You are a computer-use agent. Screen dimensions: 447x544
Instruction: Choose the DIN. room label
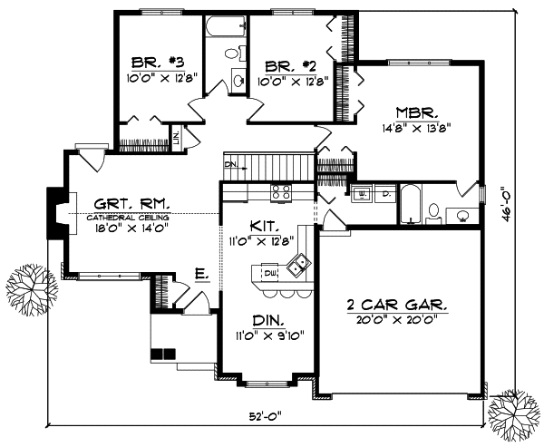tap(267, 321)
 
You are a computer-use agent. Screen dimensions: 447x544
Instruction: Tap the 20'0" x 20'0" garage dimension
tap(400, 319)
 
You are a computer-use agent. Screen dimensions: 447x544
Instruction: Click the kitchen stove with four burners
tap(280, 192)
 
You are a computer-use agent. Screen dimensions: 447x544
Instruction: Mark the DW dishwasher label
tap(269, 270)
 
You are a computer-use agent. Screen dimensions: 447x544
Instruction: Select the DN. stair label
tap(231, 164)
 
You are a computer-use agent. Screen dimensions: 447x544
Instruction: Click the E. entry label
tap(201, 272)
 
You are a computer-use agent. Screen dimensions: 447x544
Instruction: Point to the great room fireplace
tap(55, 214)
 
